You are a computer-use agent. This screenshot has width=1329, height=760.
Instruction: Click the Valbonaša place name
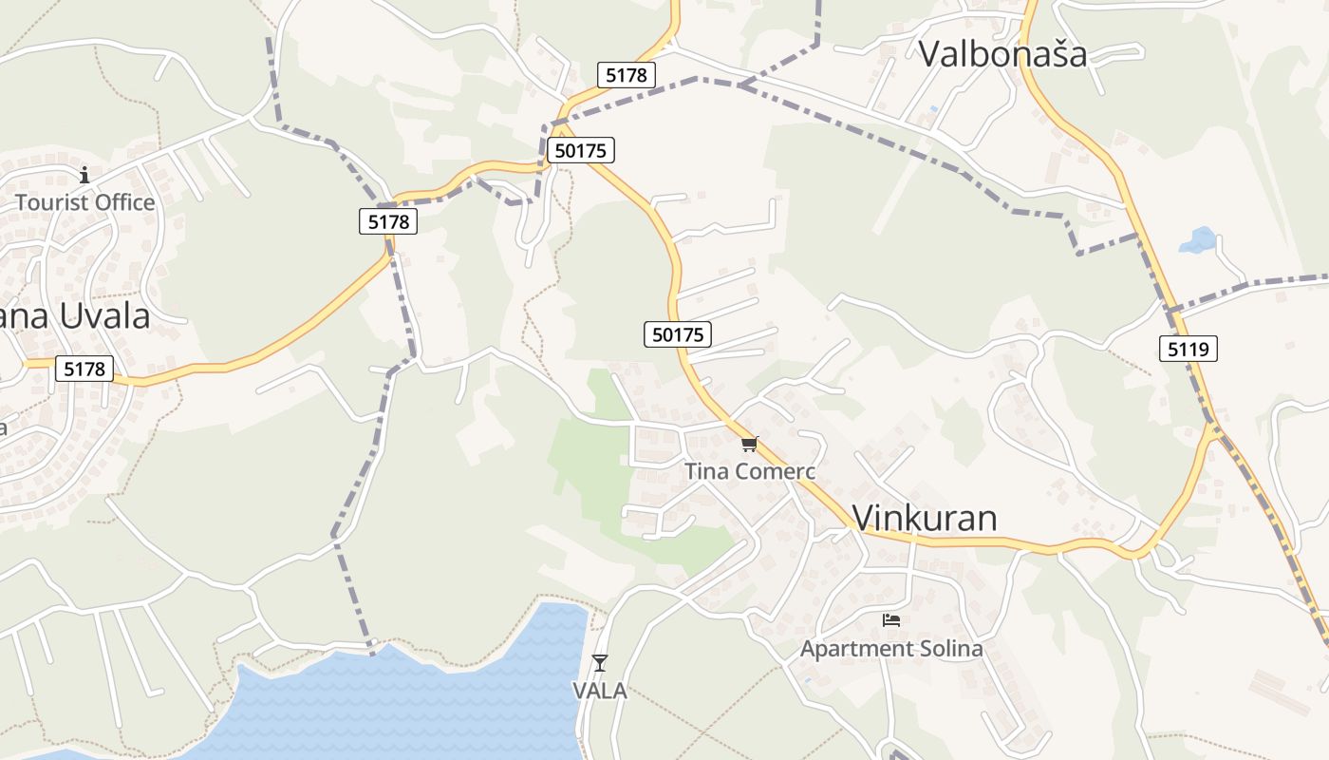(x=1002, y=53)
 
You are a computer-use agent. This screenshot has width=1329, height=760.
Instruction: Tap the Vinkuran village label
(x=925, y=518)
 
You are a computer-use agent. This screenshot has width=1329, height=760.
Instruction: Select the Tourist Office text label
(x=84, y=202)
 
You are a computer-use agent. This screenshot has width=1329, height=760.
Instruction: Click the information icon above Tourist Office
(x=84, y=175)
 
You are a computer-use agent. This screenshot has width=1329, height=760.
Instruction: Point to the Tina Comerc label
(x=750, y=471)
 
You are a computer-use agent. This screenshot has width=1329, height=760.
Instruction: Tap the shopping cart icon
(x=750, y=444)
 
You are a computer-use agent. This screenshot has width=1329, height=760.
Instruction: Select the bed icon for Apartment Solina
(x=890, y=620)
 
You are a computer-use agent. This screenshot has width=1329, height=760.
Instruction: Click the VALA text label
(x=600, y=691)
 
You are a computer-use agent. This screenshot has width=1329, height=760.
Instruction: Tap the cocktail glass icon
(x=600, y=662)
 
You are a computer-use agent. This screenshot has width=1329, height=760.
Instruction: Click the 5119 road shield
(x=1188, y=349)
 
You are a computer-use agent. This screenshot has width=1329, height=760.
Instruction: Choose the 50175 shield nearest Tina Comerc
(x=678, y=333)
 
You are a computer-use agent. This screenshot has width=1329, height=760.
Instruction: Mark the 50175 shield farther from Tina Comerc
(x=581, y=149)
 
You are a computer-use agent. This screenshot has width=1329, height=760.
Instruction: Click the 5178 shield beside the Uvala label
(x=84, y=369)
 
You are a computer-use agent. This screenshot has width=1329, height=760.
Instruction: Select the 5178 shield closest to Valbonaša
(x=627, y=75)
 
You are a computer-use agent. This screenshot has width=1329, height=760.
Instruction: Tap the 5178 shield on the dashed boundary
(x=388, y=221)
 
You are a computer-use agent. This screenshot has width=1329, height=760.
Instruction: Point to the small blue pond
(x=1198, y=240)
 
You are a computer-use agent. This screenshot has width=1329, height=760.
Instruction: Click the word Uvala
(x=104, y=316)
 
